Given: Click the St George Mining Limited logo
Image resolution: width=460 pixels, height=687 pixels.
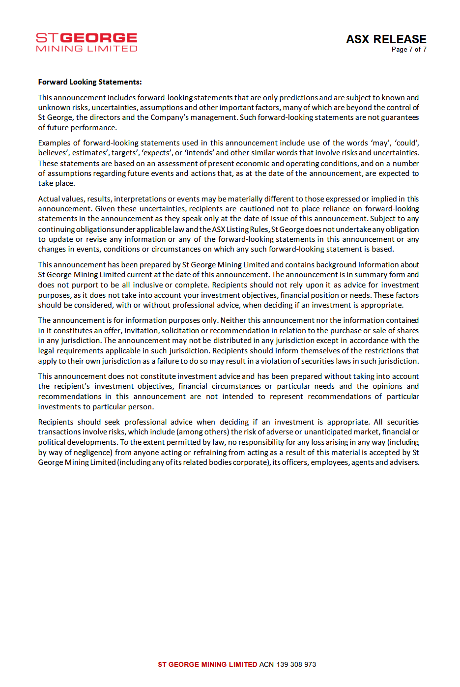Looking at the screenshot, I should click(86, 42).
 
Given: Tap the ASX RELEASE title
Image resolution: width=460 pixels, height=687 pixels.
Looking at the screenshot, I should click(386, 39).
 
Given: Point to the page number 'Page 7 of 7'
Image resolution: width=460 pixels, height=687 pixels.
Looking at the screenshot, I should click(409, 50).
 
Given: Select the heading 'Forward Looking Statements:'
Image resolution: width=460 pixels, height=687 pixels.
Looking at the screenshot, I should click(90, 82).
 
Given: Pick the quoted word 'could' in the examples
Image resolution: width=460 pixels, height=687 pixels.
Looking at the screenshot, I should click(406, 143).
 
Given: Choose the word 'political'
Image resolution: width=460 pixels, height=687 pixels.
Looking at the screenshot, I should click(53, 442).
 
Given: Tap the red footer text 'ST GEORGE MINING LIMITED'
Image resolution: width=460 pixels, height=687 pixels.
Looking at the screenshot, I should click(207, 664).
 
